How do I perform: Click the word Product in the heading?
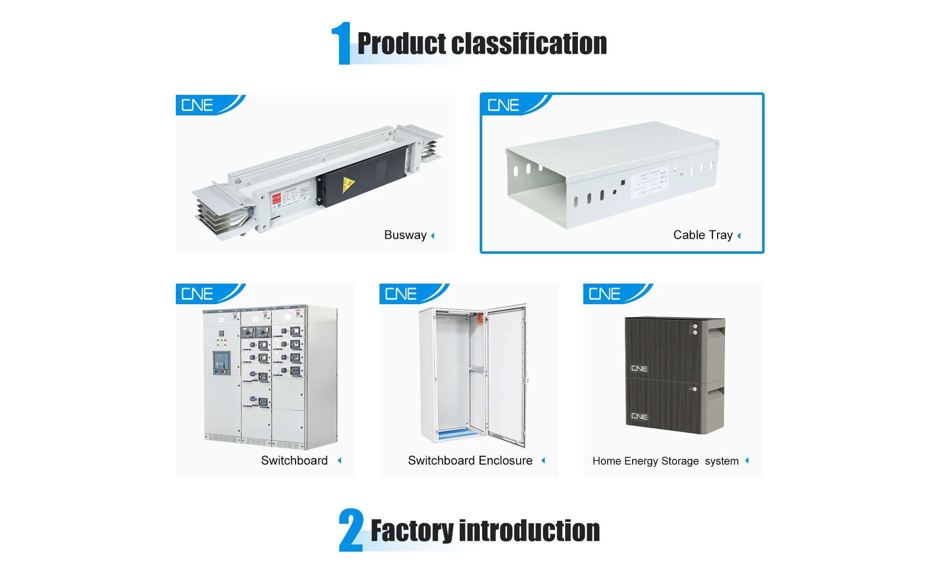coord(402,44)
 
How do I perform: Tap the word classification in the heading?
coord(529,44)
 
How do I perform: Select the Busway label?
coord(405,235)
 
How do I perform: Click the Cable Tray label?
coord(703,235)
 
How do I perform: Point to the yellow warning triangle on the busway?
coord(348,184)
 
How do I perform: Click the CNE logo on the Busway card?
coord(197,105)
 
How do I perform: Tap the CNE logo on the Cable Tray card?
coord(503,105)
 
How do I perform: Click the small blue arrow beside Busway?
coord(433,236)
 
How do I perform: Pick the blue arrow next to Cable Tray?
coord(739,236)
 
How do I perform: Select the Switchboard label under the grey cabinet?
coord(294,461)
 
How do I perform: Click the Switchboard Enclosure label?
coord(470,461)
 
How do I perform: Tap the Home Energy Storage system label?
coord(665,461)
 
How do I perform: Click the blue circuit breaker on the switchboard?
coord(221,362)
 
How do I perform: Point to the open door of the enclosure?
coord(506,374)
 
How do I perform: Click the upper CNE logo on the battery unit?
coord(639,369)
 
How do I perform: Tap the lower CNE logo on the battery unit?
coord(639,417)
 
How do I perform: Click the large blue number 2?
coord(351,530)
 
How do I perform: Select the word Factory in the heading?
coord(412,531)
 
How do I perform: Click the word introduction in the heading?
coord(529,531)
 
